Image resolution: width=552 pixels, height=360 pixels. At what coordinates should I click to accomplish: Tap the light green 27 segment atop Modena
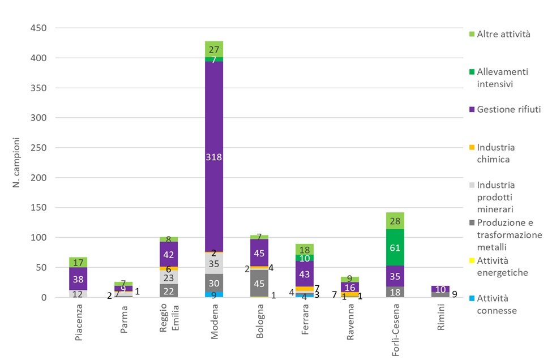point(214,49)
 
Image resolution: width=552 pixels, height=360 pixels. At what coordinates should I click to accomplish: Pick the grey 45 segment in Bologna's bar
point(259,282)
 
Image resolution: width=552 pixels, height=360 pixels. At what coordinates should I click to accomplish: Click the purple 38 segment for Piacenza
point(78,278)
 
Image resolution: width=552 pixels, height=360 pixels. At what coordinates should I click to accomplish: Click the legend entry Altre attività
point(503,35)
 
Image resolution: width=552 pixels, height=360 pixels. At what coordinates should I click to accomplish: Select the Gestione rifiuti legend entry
point(508,109)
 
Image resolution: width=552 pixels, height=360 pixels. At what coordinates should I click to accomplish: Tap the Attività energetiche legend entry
point(502,267)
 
